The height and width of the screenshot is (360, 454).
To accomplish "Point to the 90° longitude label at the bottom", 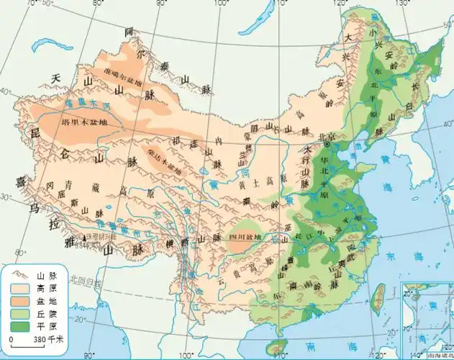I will click(90, 354).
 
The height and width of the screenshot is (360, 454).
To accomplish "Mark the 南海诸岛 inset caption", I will click(438, 355).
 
